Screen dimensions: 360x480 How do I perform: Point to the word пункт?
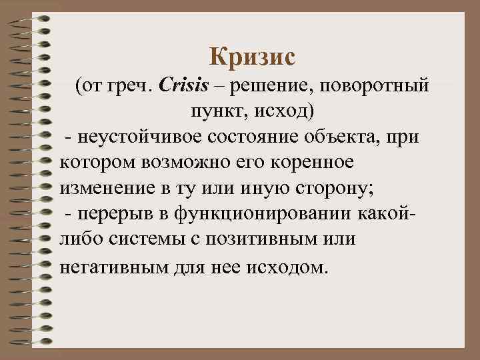point(213,111)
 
